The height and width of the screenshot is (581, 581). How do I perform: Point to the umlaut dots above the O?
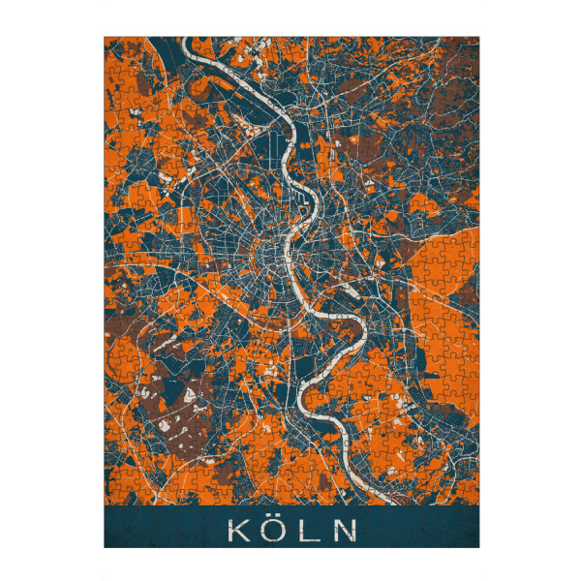coord(274,519)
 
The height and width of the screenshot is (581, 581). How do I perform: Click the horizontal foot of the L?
coord(313,539)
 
